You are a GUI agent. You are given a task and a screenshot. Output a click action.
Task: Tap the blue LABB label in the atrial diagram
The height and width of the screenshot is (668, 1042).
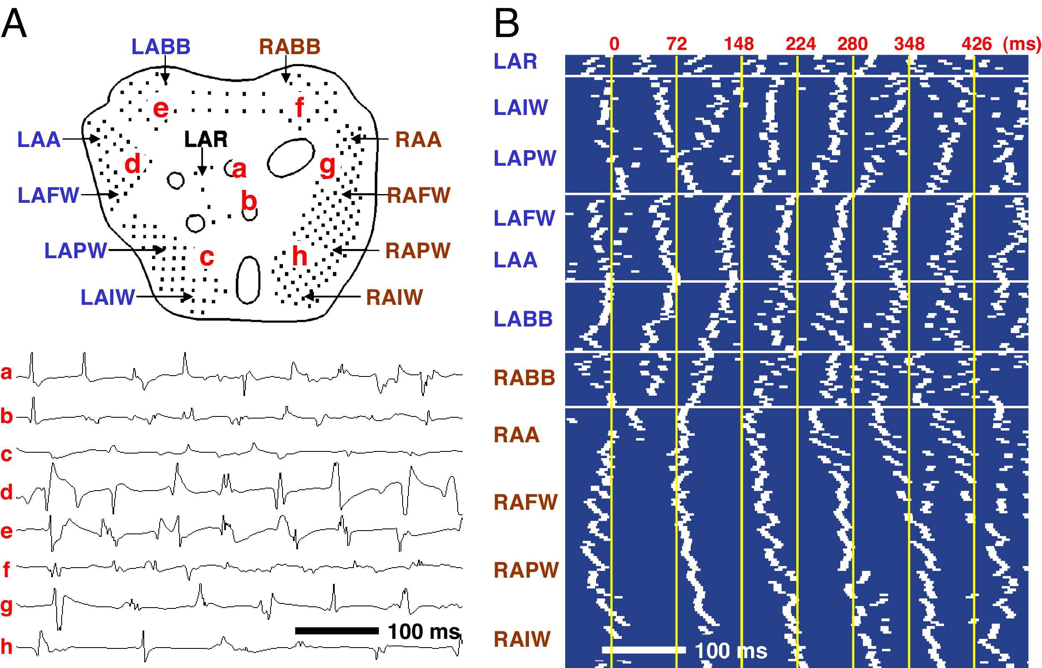pyautogui.click(x=161, y=47)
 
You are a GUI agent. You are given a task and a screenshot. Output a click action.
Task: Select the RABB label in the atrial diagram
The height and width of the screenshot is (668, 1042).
pyautogui.click(x=290, y=47)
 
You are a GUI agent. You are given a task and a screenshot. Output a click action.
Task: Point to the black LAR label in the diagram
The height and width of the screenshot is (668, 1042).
pyautogui.click(x=206, y=139)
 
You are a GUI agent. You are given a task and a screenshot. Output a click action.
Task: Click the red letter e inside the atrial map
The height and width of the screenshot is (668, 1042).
pyautogui.click(x=160, y=108)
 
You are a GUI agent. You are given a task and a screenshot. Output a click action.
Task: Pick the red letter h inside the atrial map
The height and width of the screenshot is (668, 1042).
pyautogui.click(x=299, y=256)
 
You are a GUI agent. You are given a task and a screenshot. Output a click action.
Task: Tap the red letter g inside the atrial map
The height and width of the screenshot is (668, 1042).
pyautogui.click(x=327, y=166)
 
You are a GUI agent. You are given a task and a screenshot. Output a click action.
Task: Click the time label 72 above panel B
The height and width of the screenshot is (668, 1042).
pyautogui.click(x=676, y=44)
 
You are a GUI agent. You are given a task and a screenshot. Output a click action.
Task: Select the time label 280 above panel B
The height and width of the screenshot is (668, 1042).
pyautogui.click(x=852, y=44)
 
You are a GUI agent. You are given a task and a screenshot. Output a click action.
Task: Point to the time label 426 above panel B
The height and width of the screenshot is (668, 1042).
pyautogui.click(x=977, y=44)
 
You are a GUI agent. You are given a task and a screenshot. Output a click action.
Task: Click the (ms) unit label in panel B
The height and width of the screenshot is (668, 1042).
pyautogui.click(x=1022, y=44)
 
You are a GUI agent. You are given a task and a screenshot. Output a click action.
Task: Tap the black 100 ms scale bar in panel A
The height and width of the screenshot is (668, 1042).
pyautogui.click(x=337, y=630)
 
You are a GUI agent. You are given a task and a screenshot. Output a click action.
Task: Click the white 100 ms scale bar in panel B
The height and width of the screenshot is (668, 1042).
pyautogui.click(x=644, y=650)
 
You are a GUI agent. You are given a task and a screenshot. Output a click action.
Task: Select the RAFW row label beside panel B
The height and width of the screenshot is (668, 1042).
pyautogui.click(x=526, y=502)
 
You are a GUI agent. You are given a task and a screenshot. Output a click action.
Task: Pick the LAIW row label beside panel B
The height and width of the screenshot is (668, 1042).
pyautogui.click(x=521, y=107)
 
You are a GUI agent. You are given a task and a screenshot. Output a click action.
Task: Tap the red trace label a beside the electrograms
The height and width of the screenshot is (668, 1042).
pyautogui.click(x=6, y=373)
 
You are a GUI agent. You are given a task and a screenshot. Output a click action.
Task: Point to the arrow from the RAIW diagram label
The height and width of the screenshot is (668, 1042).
pyautogui.click(x=332, y=297)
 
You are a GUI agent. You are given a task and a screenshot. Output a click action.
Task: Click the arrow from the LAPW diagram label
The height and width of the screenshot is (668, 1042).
pyautogui.click(x=137, y=250)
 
